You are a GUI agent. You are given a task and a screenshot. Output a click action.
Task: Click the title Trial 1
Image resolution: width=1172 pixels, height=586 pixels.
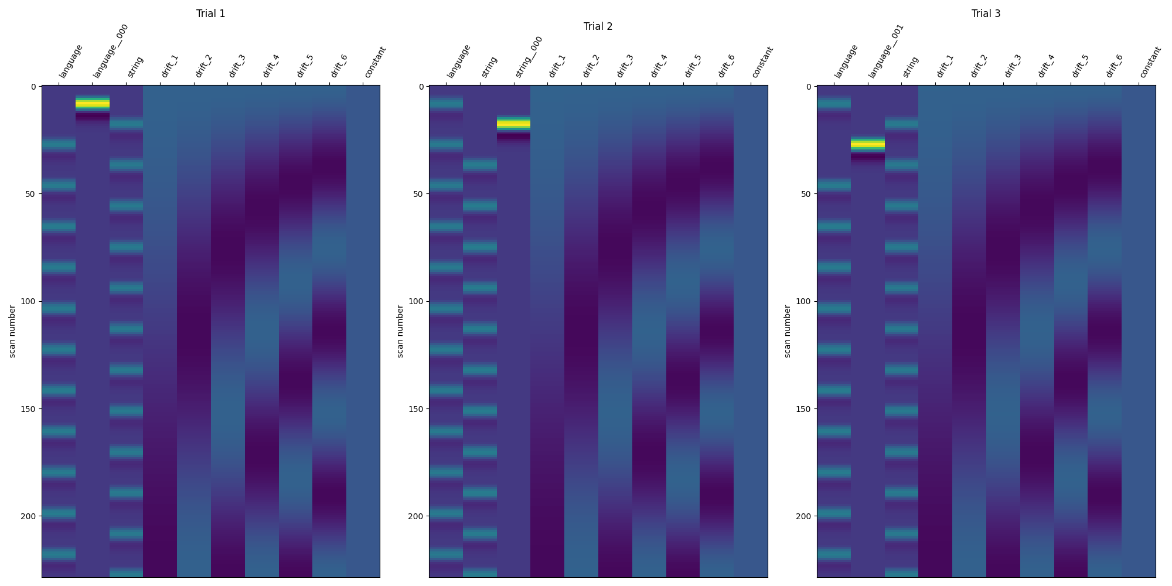[210, 13]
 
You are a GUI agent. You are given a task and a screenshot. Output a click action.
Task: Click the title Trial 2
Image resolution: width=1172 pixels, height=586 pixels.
[598, 26]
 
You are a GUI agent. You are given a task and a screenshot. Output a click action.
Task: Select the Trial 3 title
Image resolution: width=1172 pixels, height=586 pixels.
[986, 13]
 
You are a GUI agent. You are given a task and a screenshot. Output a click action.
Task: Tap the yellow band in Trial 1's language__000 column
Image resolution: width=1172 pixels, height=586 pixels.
[92, 104]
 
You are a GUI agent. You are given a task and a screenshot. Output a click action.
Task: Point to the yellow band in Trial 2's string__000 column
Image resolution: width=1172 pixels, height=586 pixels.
[513, 124]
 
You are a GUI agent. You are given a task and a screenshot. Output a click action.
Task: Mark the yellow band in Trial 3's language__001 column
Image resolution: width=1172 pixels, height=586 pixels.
[867, 144]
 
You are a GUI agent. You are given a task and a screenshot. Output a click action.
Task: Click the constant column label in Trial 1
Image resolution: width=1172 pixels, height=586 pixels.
[375, 62]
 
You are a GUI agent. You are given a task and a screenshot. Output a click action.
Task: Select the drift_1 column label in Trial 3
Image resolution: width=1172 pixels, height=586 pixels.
[944, 66]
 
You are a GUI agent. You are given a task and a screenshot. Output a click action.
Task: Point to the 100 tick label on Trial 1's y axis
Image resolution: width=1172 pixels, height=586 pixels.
[28, 301]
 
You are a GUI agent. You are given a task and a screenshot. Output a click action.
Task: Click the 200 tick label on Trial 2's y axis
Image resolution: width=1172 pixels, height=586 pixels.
[415, 516]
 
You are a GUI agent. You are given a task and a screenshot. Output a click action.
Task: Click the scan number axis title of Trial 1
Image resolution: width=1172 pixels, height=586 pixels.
[12, 331]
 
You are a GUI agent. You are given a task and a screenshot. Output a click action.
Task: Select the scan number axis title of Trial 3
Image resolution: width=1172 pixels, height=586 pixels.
[788, 331]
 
